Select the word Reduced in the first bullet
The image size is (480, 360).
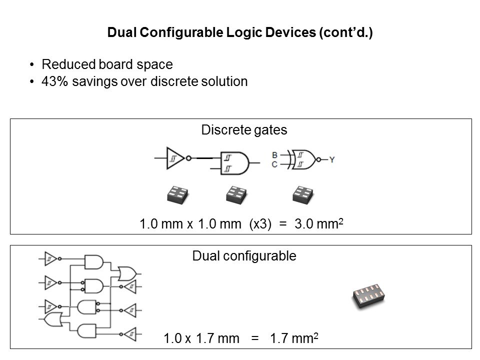tap(64, 64)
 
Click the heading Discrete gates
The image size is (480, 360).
tap(244, 130)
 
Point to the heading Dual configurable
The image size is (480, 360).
tap(244, 256)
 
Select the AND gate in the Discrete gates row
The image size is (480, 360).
tap(235, 163)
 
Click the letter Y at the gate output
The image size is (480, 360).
tap(331, 159)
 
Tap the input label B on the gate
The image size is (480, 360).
tap(274, 155)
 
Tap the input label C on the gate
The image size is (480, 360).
tap(274, 164)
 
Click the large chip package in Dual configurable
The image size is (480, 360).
tap(369, 298)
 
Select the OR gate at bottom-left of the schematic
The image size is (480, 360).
tap(51, 319)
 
